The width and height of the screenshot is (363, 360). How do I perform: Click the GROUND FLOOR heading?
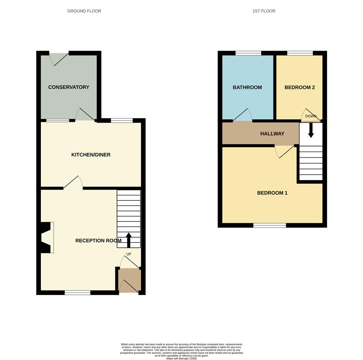coord(84,11)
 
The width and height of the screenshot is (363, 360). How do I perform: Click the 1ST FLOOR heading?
coord(264,11)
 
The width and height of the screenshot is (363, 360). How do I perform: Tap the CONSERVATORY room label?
coord(69,87)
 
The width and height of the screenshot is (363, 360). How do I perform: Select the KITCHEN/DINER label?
coord(91,155)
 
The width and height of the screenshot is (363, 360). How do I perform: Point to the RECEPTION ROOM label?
coord(98,241)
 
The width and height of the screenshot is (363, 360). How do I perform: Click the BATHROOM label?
coord(247,87)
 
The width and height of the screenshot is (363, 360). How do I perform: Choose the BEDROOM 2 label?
coord(299,87)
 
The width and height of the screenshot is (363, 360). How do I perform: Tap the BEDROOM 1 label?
coord(272,193)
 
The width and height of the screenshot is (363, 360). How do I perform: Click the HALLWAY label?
coord(272,134)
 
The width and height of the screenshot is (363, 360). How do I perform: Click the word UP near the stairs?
coord(129,254)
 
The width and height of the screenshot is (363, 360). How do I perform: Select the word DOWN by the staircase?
coord(311,116)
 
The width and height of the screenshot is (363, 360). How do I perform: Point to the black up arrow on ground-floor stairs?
coord(129,240)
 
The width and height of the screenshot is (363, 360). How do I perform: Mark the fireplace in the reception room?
coord(47,237)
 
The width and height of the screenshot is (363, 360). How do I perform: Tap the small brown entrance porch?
coord(130,281)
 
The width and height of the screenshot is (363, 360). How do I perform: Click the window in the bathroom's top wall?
coord(248,53)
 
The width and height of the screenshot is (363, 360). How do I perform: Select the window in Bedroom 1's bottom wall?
coord(269,226)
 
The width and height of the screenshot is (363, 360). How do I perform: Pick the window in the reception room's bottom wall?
coord(77,293)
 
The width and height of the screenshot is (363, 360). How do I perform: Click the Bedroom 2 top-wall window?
coord(300,53)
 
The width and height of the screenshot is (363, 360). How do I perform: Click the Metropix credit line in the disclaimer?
coord(181,359)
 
